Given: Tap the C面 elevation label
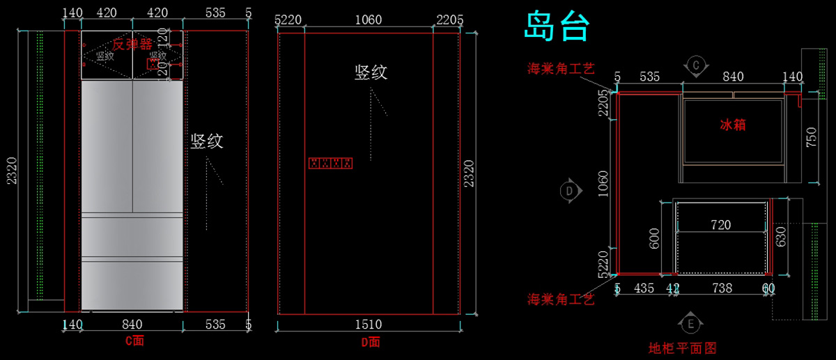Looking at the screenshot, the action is [x=134, y=341].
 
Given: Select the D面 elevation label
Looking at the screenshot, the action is [x=370, y=341].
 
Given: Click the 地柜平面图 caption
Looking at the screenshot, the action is [x=682, y=347].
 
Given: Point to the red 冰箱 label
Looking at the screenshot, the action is [x=733, y=125].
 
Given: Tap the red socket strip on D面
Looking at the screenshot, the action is [x=330, y=163].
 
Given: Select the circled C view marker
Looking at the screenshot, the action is [x=695, y=65].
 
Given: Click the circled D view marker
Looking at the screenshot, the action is [x=569, y=190].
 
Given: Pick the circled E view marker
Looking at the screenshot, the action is [x=689, y=323].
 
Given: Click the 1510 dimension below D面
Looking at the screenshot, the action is [x=369, y=324].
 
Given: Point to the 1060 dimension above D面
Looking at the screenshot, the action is [x=369, y=19].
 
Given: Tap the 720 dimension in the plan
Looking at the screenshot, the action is [x=720, y=225].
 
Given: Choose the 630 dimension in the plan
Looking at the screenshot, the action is [x=781, y=235].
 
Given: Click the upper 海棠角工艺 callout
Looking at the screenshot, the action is [x=561, y=68].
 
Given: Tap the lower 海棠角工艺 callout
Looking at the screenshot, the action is [x=561, y=300].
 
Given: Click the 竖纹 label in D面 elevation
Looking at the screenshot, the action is [x=371, y=72].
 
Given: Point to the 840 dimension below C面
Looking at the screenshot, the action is [x=132, y=324].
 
